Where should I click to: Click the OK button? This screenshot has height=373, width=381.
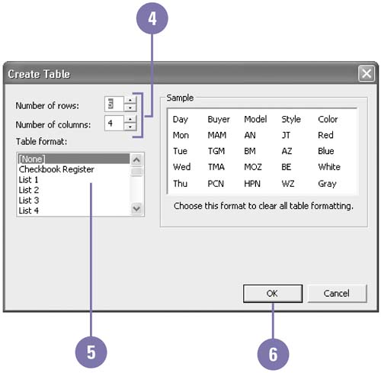coord(273,294)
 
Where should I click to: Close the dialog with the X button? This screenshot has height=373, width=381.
coord(367,74)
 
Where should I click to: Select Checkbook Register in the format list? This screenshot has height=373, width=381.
coord(56,169)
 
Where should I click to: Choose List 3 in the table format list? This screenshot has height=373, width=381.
coord(29,201)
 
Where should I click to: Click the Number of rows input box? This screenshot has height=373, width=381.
coord(114,104)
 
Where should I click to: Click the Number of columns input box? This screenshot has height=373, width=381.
coord(114,123)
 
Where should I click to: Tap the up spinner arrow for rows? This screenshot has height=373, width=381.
coord(130,100)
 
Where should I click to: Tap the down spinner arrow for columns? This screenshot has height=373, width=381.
coord(130,127)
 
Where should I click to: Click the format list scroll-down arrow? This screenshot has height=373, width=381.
coord(136,209)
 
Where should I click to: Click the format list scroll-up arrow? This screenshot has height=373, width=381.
coord(136,159)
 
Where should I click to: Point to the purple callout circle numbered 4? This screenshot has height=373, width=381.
coord(152,18)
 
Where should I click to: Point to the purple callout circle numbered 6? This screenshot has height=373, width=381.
coord(273,354)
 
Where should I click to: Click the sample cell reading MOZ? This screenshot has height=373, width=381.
coord(253,167)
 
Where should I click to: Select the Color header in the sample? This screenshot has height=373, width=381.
coord(328,119)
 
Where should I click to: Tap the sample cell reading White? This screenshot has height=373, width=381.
coord(329,167)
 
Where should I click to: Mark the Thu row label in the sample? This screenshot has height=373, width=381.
coord(180,183)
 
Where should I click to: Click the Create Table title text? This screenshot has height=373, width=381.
coord(39,74)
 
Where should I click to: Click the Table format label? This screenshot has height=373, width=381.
coord(41,141)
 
